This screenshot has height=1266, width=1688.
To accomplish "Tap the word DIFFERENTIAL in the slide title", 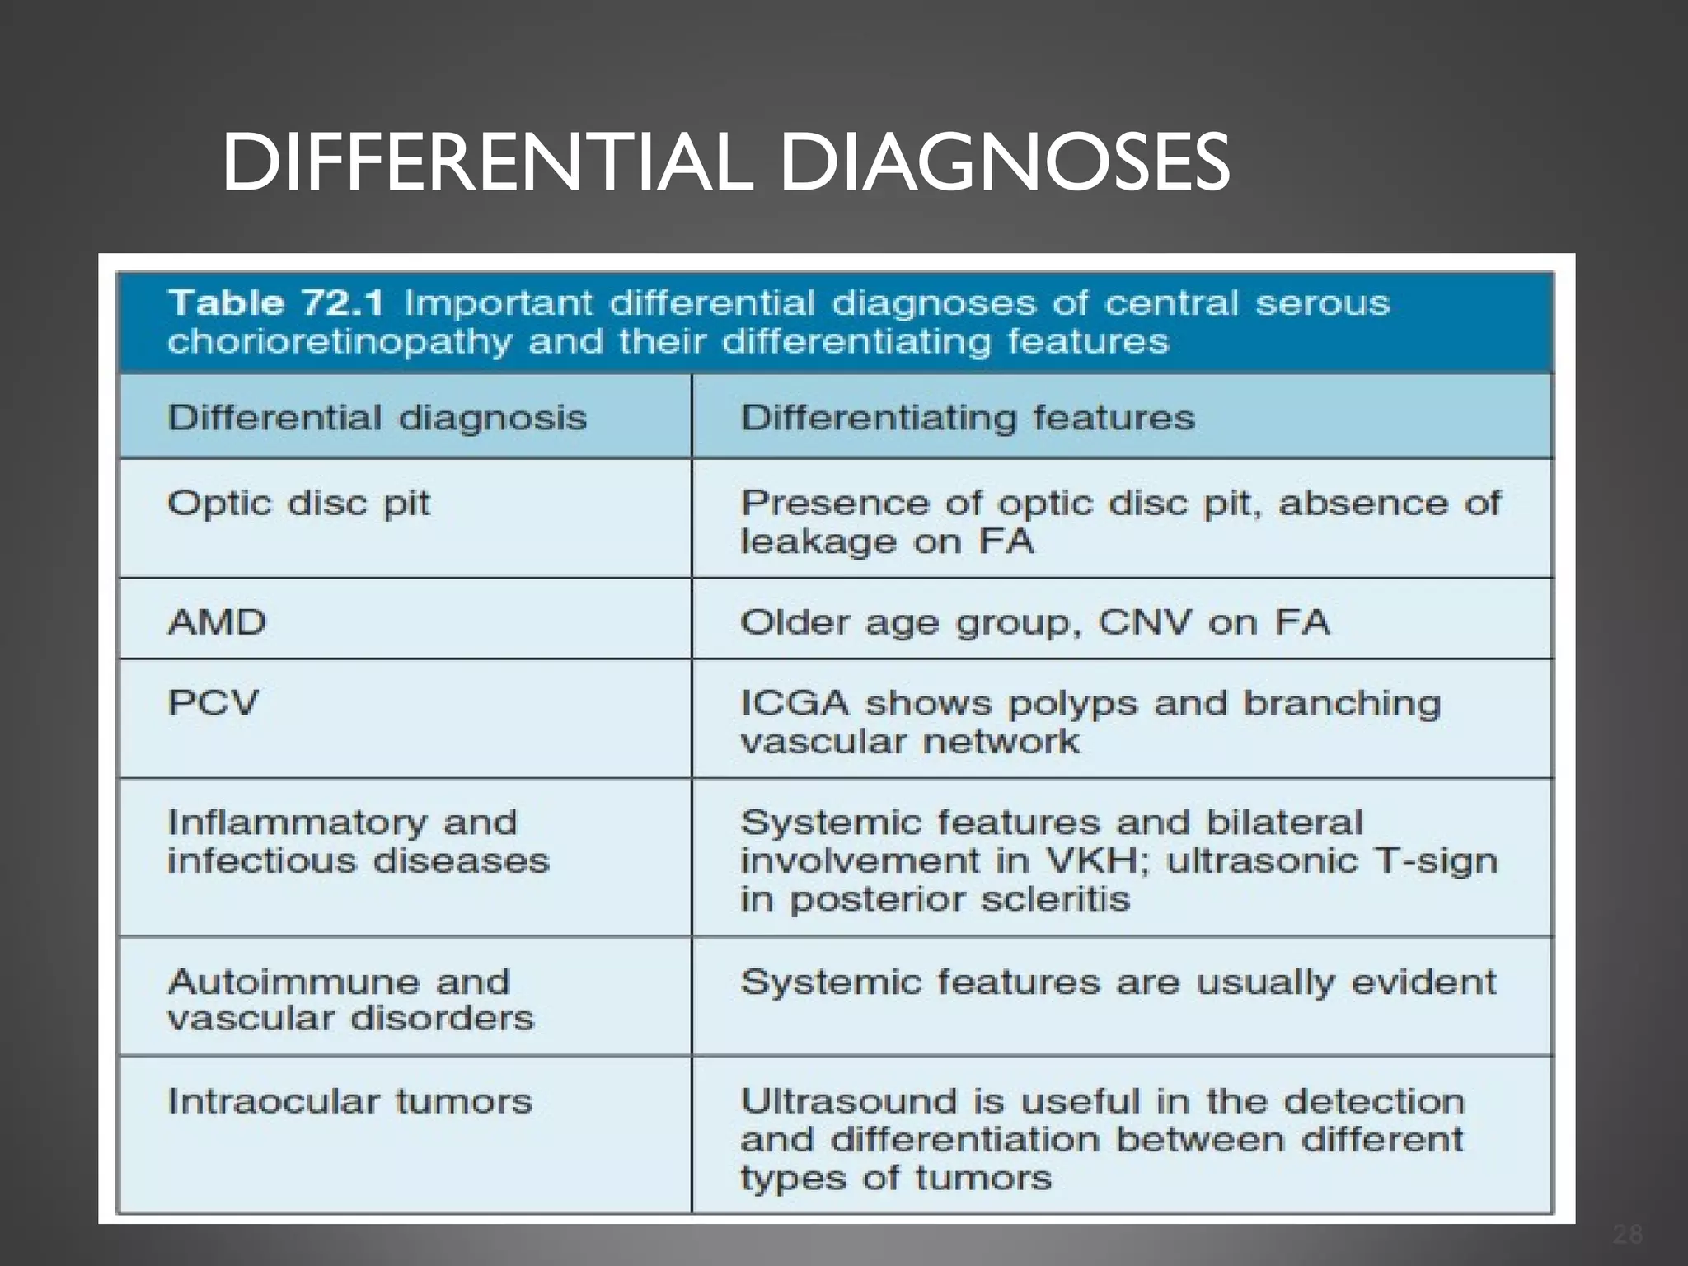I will click(x=486, y=162).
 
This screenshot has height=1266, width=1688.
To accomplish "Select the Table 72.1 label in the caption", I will click(x=275, y=303).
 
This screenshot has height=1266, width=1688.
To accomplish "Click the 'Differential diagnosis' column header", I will click(x=377, y=418).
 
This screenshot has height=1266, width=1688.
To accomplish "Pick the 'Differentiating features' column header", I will click(x=968, y=418).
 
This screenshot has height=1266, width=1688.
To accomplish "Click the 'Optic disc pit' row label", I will click(x=298, y=503).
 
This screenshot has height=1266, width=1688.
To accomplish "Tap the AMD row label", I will click(x=217, y=622).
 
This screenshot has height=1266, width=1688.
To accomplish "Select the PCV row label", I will click(x=213, y=703).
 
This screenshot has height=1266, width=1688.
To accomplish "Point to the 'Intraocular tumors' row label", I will click(x=349, y=1101).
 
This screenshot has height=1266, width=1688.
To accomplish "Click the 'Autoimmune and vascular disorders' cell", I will click(x=350, y=1000).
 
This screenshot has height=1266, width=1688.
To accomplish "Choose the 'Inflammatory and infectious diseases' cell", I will click(x=358, y=842).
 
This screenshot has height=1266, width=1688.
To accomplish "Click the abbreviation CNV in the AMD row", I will click(x=1145, y=622).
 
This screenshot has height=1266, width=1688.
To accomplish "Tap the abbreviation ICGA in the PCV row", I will click(x=795, y=703).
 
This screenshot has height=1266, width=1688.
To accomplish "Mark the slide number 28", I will click(x=1628, y=1234).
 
